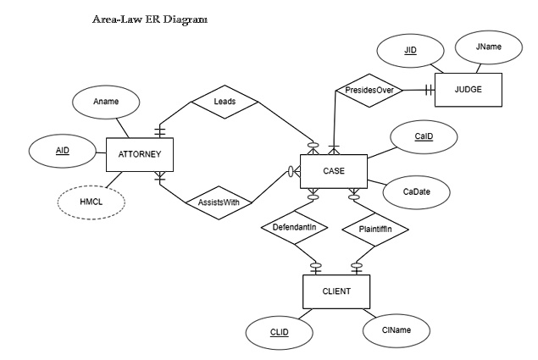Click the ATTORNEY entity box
pyautogui.click(x=139, y=154)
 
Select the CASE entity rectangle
pyautogui.click(x=333, y=170)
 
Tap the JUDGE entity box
pyautogui.click(x=469, y=89)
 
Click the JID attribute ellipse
pyautogui.click(x=410, y=50)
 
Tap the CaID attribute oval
pyautogui.click(x=424, y=136)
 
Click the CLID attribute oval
pyautogui.click(x=280, y=332)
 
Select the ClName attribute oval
pyautogui.click(x=396, y=329)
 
